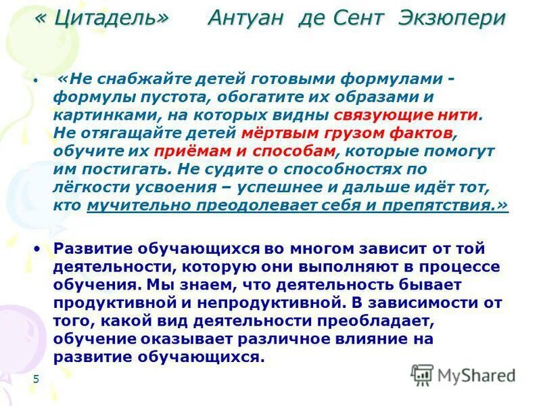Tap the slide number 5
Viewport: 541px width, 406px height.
(36, 379)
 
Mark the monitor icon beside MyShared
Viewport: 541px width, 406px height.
(422, 374)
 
